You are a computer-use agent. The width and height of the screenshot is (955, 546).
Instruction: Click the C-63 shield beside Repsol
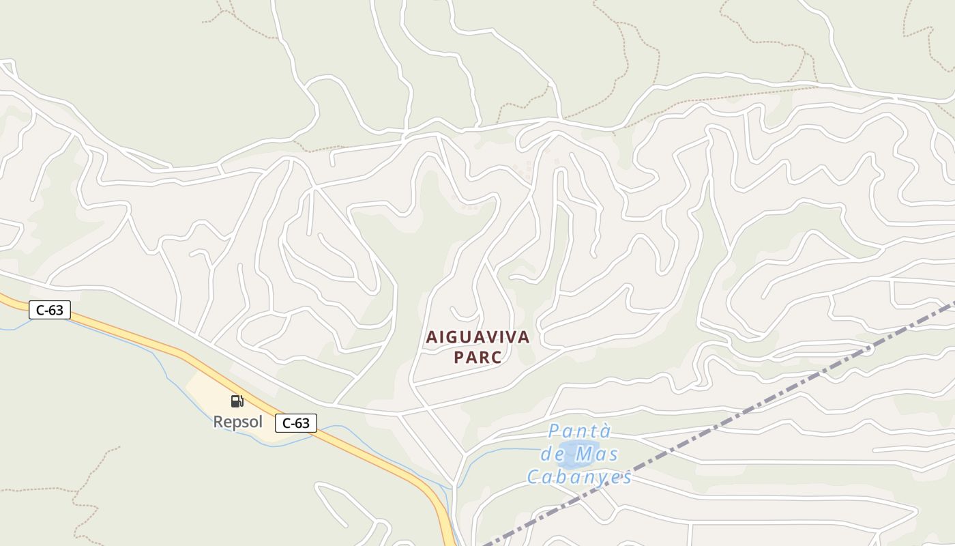(x=296, y=423)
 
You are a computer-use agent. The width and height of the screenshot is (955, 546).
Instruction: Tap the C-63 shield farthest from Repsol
(x=50, y=310)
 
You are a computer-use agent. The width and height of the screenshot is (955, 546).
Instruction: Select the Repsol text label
(x=237, y=422)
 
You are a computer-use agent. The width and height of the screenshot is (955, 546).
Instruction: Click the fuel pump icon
(x=237, y=401)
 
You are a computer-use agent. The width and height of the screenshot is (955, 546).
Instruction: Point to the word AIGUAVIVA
(x=477, y=337)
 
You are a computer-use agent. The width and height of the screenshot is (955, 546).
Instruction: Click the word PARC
(x=477, y=358)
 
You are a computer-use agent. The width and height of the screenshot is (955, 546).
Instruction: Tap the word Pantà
(x=580, y=431)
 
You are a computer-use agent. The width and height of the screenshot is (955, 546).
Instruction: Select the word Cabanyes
(x=579, y=477)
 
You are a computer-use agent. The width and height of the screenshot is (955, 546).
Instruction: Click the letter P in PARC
(x=458, y=358)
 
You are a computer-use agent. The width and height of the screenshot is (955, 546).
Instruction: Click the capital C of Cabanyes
(x=533, y=477)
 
